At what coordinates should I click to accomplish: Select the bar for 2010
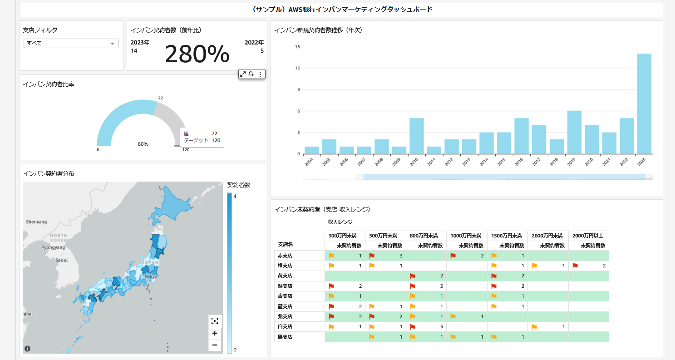417,136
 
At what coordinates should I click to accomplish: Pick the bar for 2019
574,132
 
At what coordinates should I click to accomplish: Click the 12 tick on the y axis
297,68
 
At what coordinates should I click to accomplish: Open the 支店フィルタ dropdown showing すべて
71,44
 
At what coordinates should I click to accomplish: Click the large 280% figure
197,54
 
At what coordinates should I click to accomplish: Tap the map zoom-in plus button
215,333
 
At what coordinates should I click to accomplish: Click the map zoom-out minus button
215,345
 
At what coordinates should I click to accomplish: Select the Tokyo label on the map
151,276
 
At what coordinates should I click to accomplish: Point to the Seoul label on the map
61,260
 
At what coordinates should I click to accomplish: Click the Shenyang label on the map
36,222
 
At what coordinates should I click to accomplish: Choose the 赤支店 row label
285,256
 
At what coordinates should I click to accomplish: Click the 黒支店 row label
285,337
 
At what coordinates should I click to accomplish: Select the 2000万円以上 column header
588,236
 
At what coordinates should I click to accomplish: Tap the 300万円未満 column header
344,236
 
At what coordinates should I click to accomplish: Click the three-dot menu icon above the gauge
260,74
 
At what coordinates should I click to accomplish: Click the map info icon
28,349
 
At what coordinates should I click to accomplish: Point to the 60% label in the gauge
143,144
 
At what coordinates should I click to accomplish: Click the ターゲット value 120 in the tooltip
216,140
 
